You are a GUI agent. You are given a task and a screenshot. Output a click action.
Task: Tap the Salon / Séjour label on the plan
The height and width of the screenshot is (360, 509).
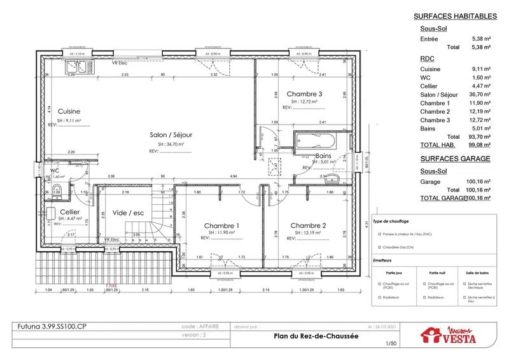click(x=171, y=135)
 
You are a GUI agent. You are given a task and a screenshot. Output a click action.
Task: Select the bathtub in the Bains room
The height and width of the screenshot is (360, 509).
click(x=318, y=141)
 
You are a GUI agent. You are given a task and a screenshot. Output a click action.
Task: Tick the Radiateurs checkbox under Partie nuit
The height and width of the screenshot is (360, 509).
click(x=425, y=296)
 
